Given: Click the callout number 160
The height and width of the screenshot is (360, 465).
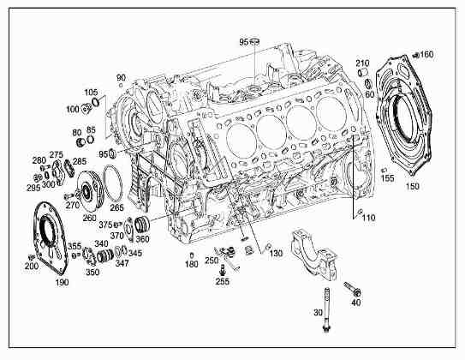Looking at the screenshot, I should point(426,55).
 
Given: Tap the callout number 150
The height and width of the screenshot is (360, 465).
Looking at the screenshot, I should point(412,186).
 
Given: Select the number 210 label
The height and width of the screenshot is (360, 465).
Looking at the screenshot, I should point(362,63).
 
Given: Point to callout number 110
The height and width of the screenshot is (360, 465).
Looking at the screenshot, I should point(369,219).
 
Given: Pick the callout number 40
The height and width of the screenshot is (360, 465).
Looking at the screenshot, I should point(356,302).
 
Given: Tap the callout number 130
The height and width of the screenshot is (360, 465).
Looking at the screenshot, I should point(276,255).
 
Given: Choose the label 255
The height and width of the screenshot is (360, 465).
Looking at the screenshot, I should point(222,281).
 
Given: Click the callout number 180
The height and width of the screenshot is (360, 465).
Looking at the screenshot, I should point(191,265).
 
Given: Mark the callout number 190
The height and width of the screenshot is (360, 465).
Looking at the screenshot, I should point(62,281).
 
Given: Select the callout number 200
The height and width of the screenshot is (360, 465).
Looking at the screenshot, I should point(32,267).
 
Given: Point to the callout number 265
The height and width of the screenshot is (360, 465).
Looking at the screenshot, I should point(116,207).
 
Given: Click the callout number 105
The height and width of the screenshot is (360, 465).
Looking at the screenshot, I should point(91,93).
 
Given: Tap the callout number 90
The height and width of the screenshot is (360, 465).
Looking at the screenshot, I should point(121,77).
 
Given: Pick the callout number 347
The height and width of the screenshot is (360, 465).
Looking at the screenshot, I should point(122,264).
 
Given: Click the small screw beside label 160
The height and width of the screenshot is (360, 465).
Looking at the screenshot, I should point(414,55).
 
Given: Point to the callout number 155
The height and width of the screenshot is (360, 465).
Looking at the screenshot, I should point(387,179).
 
